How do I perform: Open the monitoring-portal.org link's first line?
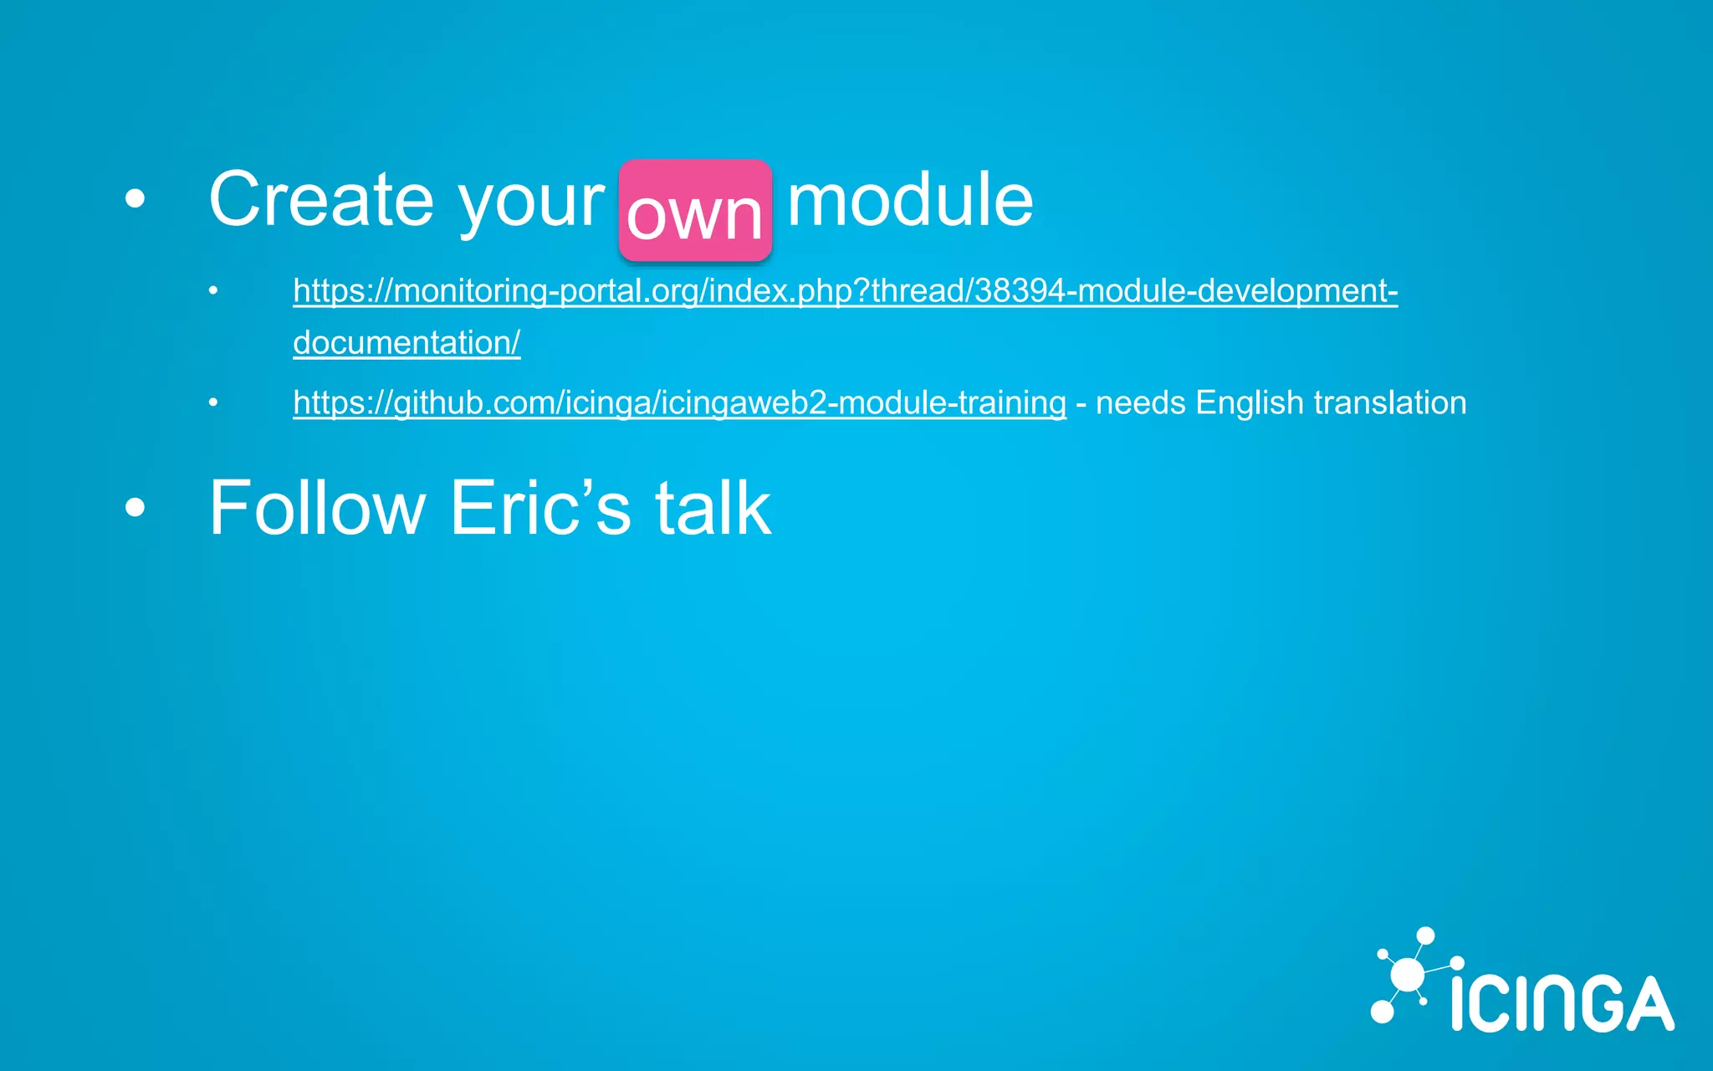coord(845,291)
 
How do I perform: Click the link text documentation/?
coord(407,343)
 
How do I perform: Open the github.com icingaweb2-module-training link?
coord(679,403)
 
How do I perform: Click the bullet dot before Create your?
coord(135,199)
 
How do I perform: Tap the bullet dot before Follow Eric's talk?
coord(135,507)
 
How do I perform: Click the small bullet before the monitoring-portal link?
coord(213,291)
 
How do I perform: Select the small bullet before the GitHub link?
coord(213,403)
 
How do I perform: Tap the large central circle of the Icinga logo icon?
coord(1408,975)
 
